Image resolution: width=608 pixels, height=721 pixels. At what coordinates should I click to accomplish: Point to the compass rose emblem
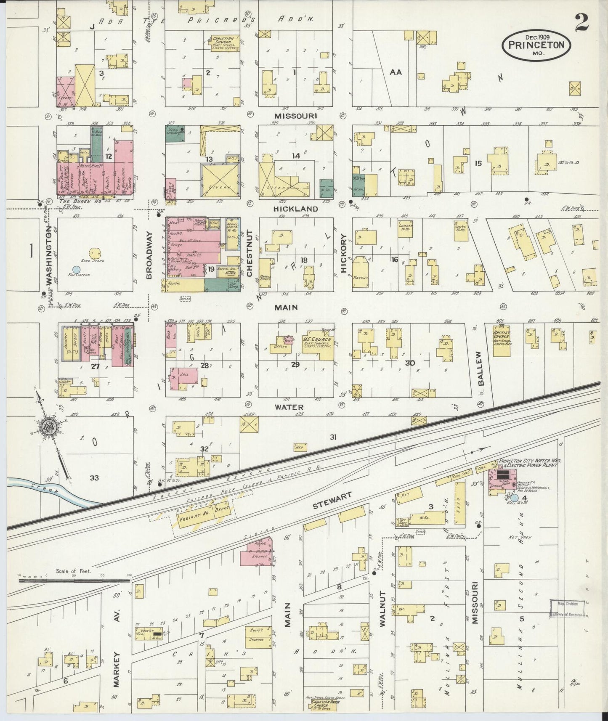coord(49,426)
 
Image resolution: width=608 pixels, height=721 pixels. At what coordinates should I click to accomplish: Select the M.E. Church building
coord(318,345)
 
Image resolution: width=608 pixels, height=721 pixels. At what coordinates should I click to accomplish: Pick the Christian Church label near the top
coord(226,42)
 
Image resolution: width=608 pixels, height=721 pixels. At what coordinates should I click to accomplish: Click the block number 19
coord(211,268)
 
